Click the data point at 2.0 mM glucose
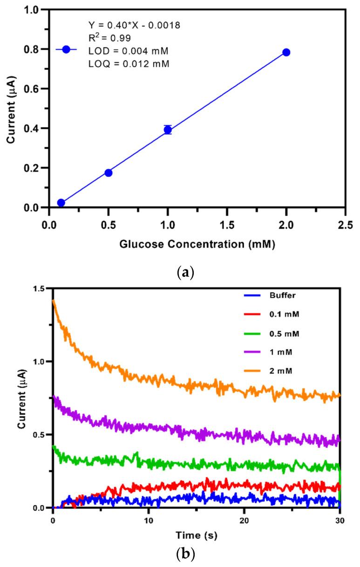[x=286, y=52]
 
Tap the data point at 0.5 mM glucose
[x=109, y=173]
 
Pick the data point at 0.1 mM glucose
[x=61, y=203]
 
